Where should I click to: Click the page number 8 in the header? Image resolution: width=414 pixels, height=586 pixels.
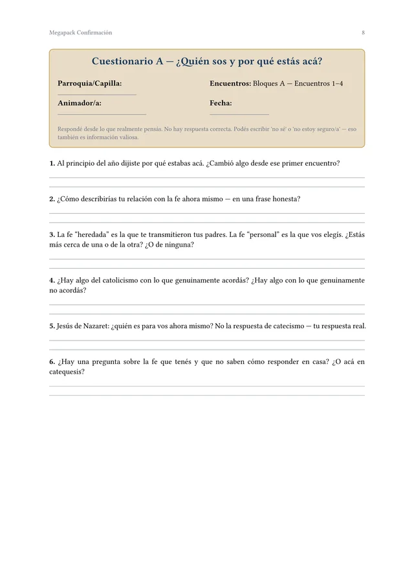click(363, 32)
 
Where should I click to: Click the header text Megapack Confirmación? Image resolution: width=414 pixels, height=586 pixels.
click(80, 32)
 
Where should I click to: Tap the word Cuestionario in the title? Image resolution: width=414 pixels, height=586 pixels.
click(122, 62)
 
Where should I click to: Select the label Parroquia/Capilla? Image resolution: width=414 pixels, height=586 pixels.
click(89, 84)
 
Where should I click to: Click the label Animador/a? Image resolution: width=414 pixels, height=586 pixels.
click(79, 103)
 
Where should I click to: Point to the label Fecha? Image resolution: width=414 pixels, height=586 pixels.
click(221, 103)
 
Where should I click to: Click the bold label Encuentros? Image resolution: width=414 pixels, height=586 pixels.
click(230, 84)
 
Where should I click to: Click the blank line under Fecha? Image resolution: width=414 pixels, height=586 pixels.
click(239, 114)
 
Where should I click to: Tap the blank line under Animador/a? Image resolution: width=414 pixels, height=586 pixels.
click(102, 114)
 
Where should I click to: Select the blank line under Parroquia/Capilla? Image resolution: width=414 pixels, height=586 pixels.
click(96, 95)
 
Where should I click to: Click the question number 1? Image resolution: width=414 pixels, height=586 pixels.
click(52, 163)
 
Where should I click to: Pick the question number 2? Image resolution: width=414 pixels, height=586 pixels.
click(52, 199)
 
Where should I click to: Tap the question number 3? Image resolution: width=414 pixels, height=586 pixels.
click(52, 234)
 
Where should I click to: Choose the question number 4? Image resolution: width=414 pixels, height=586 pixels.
click(52, 280)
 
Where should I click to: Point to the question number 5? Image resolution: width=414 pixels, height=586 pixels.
click(52, 326)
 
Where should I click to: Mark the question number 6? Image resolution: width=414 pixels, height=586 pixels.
click(52, 362)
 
